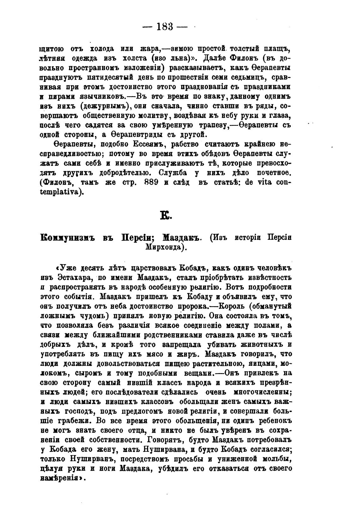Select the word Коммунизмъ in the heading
[63, 238]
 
